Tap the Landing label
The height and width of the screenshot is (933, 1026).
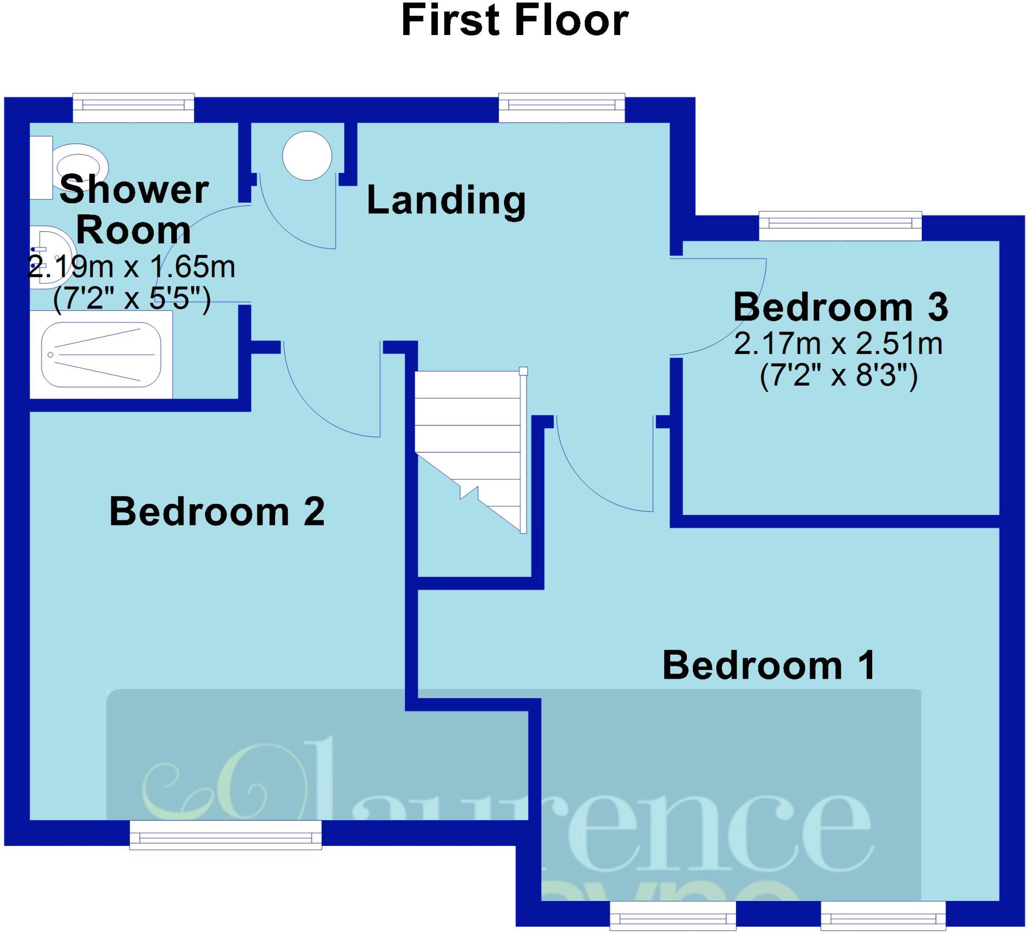point(446,200)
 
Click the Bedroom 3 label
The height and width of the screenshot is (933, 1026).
point(840,307)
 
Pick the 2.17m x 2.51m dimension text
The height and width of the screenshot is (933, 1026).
point(838,344)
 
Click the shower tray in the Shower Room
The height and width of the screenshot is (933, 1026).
point(101,354)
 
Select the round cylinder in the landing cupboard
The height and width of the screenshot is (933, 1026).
point(308,155)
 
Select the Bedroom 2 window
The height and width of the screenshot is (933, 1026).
point(225,835)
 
